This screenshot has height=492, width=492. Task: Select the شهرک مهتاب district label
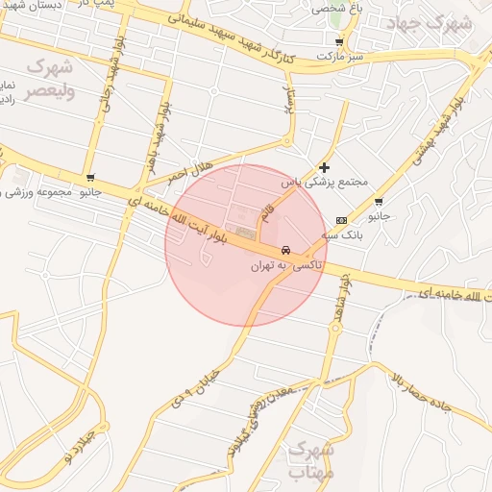point(310,460)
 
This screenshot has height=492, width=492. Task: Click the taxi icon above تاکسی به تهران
point(284,250)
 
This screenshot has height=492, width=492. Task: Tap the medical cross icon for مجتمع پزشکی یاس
point(325,167)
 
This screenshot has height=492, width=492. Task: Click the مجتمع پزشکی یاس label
point(312,181)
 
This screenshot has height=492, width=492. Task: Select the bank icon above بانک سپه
point(342,220)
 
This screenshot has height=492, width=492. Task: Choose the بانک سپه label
point(343,234)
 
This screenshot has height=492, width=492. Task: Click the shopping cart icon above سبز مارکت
point(339,42)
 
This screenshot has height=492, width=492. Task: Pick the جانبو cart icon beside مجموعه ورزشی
point(90,178)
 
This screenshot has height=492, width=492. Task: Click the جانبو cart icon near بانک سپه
point(380,202)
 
